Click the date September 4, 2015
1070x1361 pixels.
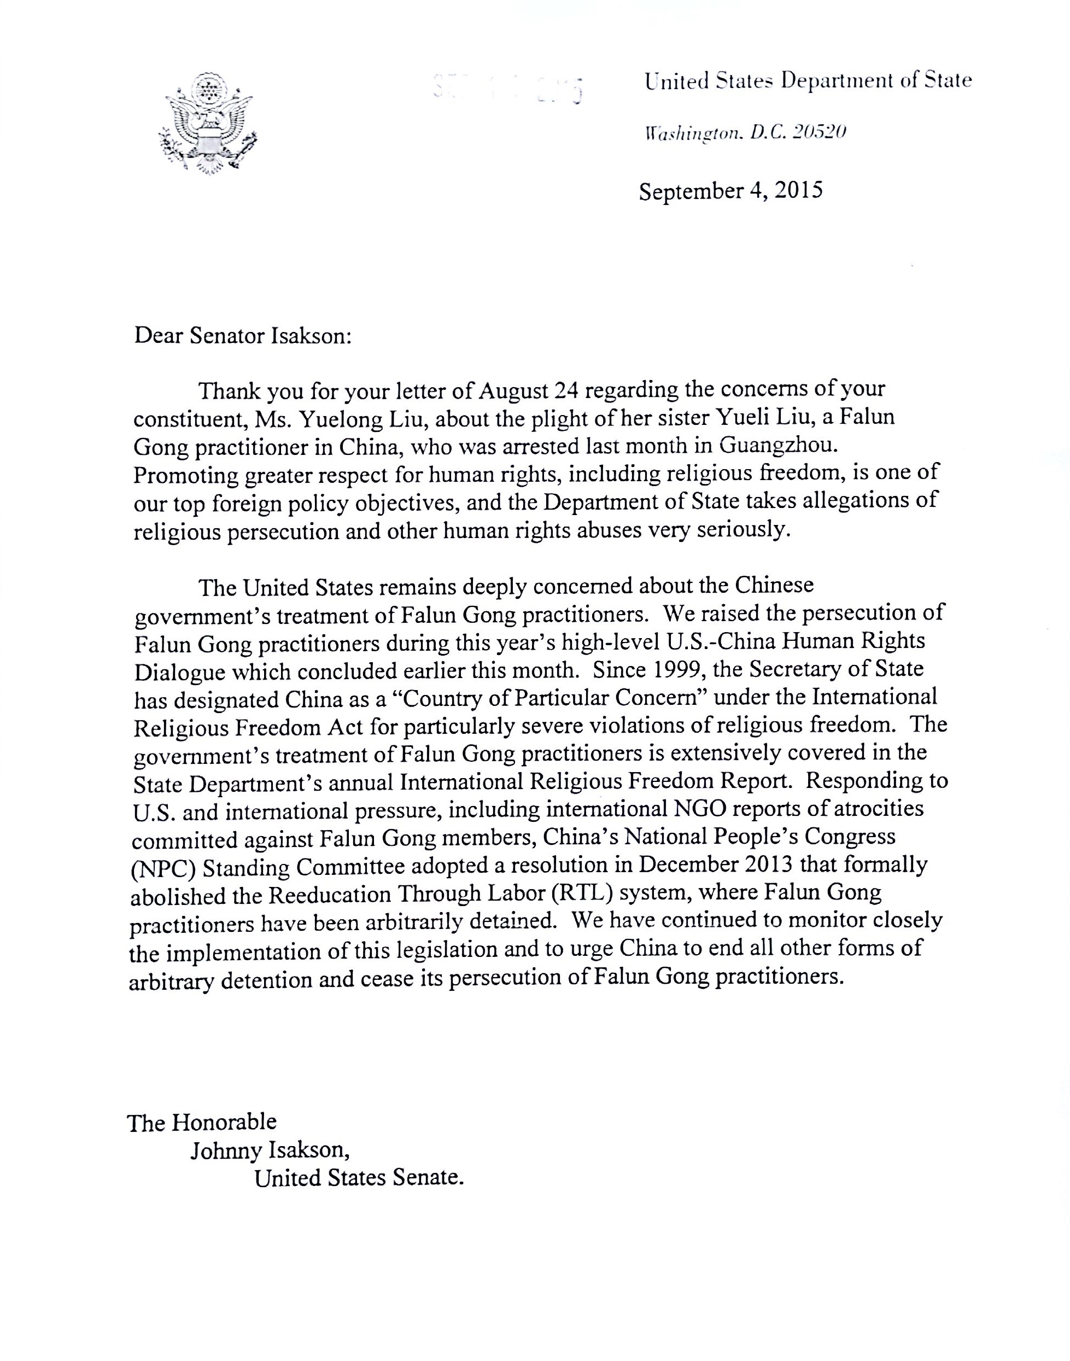point(730,190)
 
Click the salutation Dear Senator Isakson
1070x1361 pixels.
point(243,336)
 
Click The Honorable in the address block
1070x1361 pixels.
point(202,1121)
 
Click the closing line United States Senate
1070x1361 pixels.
point(359,1178)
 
